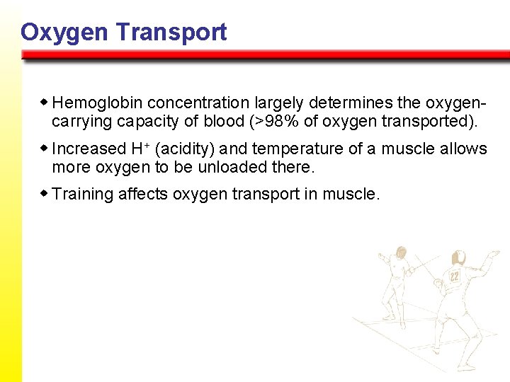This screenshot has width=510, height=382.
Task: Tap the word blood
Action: tap(223, 121)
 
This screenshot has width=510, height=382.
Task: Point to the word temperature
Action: tap(297, 149)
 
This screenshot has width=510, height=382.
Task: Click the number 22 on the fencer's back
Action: tap(454, 276)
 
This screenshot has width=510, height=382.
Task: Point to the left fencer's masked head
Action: tap(402, 252)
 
